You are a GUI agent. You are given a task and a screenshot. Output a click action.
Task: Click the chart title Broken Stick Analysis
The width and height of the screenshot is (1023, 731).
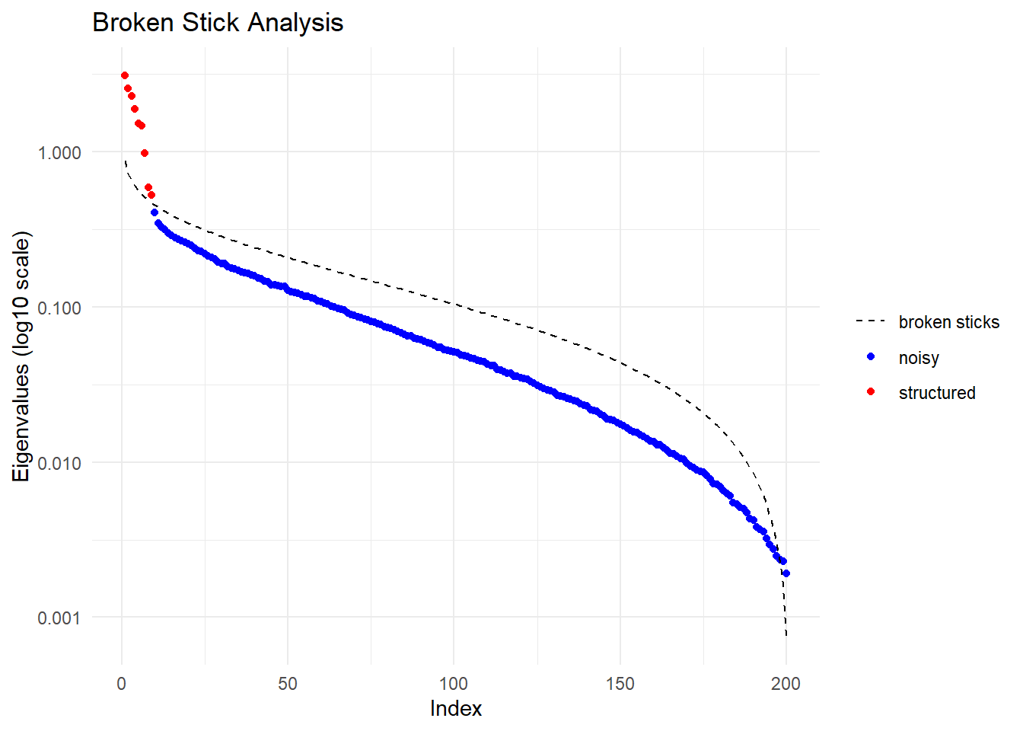(x=218, y=23)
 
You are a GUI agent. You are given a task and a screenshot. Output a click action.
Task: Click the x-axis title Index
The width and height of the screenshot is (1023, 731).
(x=455, y=708)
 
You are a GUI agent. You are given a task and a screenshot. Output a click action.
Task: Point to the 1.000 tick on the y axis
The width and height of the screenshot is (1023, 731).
(x=59, y=152)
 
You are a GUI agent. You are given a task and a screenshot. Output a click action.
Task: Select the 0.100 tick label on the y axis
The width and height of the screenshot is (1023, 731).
(x=59, y=308)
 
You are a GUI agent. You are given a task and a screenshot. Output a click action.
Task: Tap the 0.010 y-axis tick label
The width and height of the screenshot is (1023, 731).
(x=59, y=463)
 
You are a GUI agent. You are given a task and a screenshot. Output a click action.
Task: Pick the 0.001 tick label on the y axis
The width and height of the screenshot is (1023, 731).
(x=59, y=618)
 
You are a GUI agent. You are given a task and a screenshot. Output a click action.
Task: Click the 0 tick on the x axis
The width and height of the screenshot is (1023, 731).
(x=122, y=683)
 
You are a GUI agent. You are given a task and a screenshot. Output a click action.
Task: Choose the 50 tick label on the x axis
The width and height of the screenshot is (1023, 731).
(x=288, y=683)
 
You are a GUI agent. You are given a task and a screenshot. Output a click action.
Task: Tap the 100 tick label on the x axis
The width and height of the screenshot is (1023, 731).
(x=454, y=683)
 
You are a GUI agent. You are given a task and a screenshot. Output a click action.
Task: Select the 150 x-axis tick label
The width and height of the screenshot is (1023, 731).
(x=620, y=683)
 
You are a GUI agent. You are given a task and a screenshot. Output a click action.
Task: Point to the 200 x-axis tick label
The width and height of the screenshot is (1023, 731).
(x=786, y=683)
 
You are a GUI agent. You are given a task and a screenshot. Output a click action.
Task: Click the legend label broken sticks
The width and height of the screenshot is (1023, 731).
(x=948, y=322)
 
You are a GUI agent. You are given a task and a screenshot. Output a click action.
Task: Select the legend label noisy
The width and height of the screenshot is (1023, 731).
(x=919, y=358)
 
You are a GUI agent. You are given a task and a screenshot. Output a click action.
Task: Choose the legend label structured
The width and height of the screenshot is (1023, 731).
(x=937, y=393)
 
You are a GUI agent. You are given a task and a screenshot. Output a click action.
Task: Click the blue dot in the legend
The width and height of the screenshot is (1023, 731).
(x=871, y=356)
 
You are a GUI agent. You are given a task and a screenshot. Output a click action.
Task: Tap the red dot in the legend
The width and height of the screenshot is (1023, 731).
(x=871, y=391)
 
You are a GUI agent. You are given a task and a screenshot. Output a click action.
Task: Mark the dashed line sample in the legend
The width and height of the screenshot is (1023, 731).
(x=871, y=321)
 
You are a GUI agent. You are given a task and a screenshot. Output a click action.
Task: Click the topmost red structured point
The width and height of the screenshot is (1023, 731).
(x=125, y=75)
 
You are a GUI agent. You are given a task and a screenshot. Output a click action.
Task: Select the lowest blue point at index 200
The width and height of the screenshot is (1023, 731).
(x=786, y=573)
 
